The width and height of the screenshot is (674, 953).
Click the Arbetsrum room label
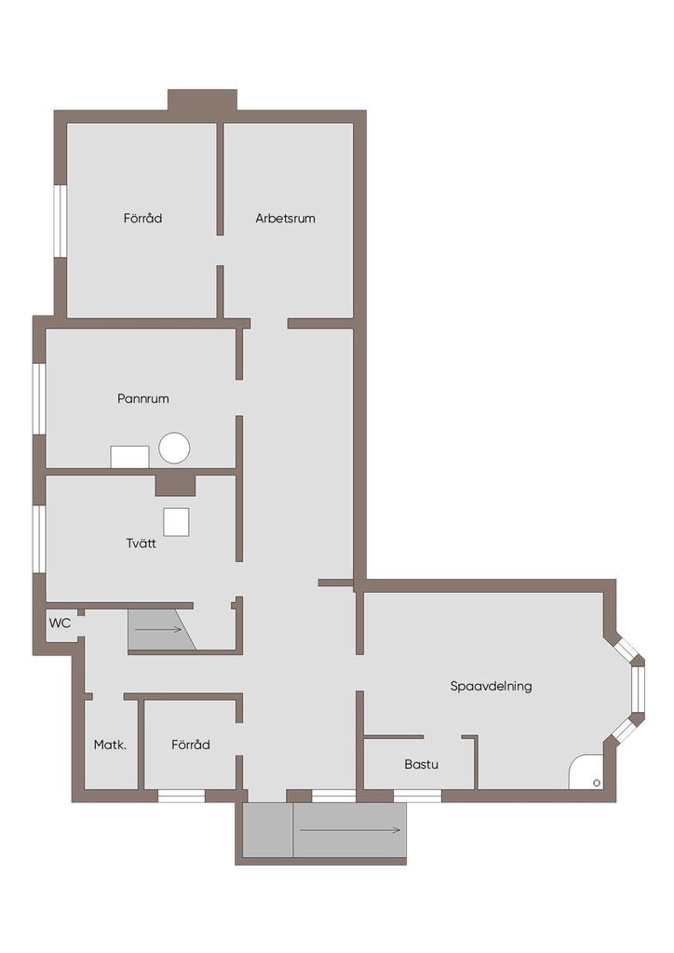(285, 218)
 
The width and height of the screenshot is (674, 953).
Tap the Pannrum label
(142, 398)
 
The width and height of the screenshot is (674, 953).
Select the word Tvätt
(141, 544)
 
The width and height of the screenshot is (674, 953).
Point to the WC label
(60, 623)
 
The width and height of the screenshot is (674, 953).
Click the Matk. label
(110, 745)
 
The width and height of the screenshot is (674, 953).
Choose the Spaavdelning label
(491, 686)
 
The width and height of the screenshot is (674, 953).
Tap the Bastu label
(421, 765)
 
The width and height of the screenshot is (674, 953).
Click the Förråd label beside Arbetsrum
(142, 218)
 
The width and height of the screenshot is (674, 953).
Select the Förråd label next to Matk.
(191, 745)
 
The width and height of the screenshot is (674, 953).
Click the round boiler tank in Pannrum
(174, 448)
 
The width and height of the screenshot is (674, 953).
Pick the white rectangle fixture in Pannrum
(129, 457)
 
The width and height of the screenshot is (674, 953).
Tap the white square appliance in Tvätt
(176, 522)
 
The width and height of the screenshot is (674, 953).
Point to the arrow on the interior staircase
(158, 630)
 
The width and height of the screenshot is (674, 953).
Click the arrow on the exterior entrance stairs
(350, 830)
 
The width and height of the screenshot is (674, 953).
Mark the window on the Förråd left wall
(61, 221)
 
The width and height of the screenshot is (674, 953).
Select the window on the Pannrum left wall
(39, 398)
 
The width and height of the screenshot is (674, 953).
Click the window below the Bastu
(418, 796)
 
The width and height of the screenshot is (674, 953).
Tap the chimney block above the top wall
(202, 101)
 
